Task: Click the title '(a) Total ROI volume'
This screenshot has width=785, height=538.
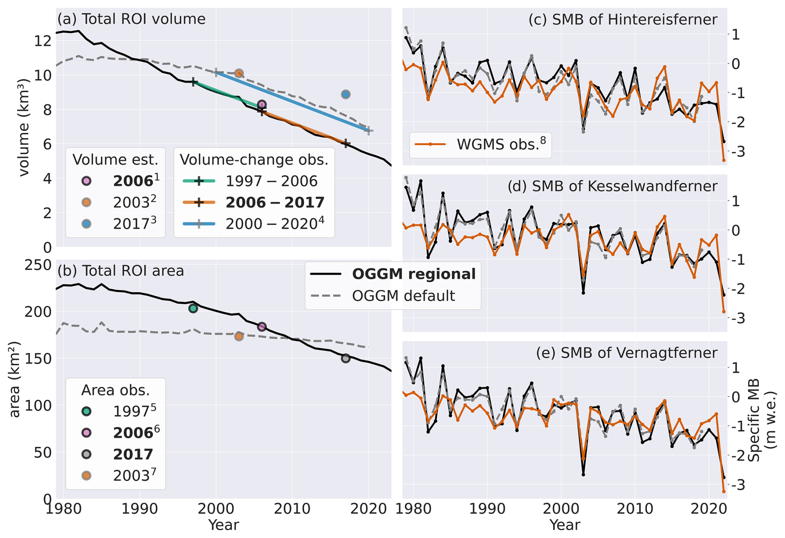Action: pos(131,19)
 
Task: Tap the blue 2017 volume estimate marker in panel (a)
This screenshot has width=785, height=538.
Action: pos(346,94)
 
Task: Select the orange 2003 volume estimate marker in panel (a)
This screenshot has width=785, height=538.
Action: pos(239,73)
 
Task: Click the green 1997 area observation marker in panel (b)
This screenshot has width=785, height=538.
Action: pos(193,308)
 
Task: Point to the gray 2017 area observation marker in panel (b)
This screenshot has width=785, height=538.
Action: pos(346,358)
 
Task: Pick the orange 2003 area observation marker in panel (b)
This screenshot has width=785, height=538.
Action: pos(239,336)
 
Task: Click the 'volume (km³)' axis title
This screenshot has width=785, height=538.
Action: pos(24,128)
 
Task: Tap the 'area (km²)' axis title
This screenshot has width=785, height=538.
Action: pos(15,379)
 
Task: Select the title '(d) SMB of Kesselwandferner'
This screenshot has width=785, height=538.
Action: pos(612,186)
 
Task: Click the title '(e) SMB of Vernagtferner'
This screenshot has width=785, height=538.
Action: pos(626,353)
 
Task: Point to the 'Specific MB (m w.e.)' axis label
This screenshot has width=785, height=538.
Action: pos(761,419)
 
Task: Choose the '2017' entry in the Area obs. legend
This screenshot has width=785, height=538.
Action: pos(133,454)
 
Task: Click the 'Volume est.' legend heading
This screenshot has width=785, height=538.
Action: pos(115,160)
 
